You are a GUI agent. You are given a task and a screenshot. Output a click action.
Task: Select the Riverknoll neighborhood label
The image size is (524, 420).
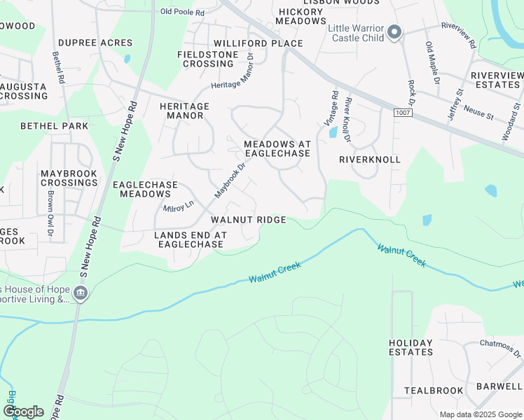pyautogui.click(x=370, y=160)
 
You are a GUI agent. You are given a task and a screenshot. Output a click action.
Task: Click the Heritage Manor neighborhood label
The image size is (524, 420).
pyautogui.click(x=184, y=111)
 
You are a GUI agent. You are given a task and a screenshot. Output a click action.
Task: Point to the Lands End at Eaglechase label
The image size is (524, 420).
pyautogui.click(x=191, y=240)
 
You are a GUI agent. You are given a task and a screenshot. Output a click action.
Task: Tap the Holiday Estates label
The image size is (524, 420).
pyautogui.click(x=411, y=347)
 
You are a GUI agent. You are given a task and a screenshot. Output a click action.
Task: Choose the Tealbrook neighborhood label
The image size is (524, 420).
pyautogui.click(x=434, y=391)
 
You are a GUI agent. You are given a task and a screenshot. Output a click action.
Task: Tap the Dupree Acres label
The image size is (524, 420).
pyautogui.click(x=95, y=43)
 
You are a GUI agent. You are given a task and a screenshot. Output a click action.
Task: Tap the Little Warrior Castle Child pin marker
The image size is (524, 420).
pyautogui.click(x=394, y=32)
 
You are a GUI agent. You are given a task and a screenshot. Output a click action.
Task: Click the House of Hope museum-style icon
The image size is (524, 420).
pyautogui.click(x=81, y=292)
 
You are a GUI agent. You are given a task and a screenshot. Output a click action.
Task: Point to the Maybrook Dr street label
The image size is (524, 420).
pyautogui.click(x=231, y=179)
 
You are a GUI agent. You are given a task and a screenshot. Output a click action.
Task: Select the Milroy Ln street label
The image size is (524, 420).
pyautogui.click(x=178, y=207)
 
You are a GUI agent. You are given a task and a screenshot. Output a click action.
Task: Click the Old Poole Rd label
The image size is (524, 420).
pyautogui.click(x=182, y=12)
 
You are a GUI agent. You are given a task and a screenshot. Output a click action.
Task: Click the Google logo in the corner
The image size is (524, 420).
pyautogui.click(x=23, y=412)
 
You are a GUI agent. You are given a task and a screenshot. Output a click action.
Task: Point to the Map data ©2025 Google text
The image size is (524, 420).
pyautogui.click(x=479, y=414)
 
